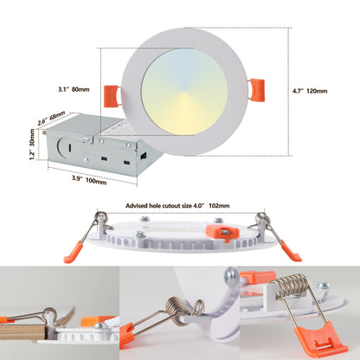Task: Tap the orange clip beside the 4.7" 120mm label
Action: [257, 88]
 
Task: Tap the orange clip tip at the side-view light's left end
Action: [73, 253]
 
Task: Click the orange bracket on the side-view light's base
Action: [216, 232]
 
